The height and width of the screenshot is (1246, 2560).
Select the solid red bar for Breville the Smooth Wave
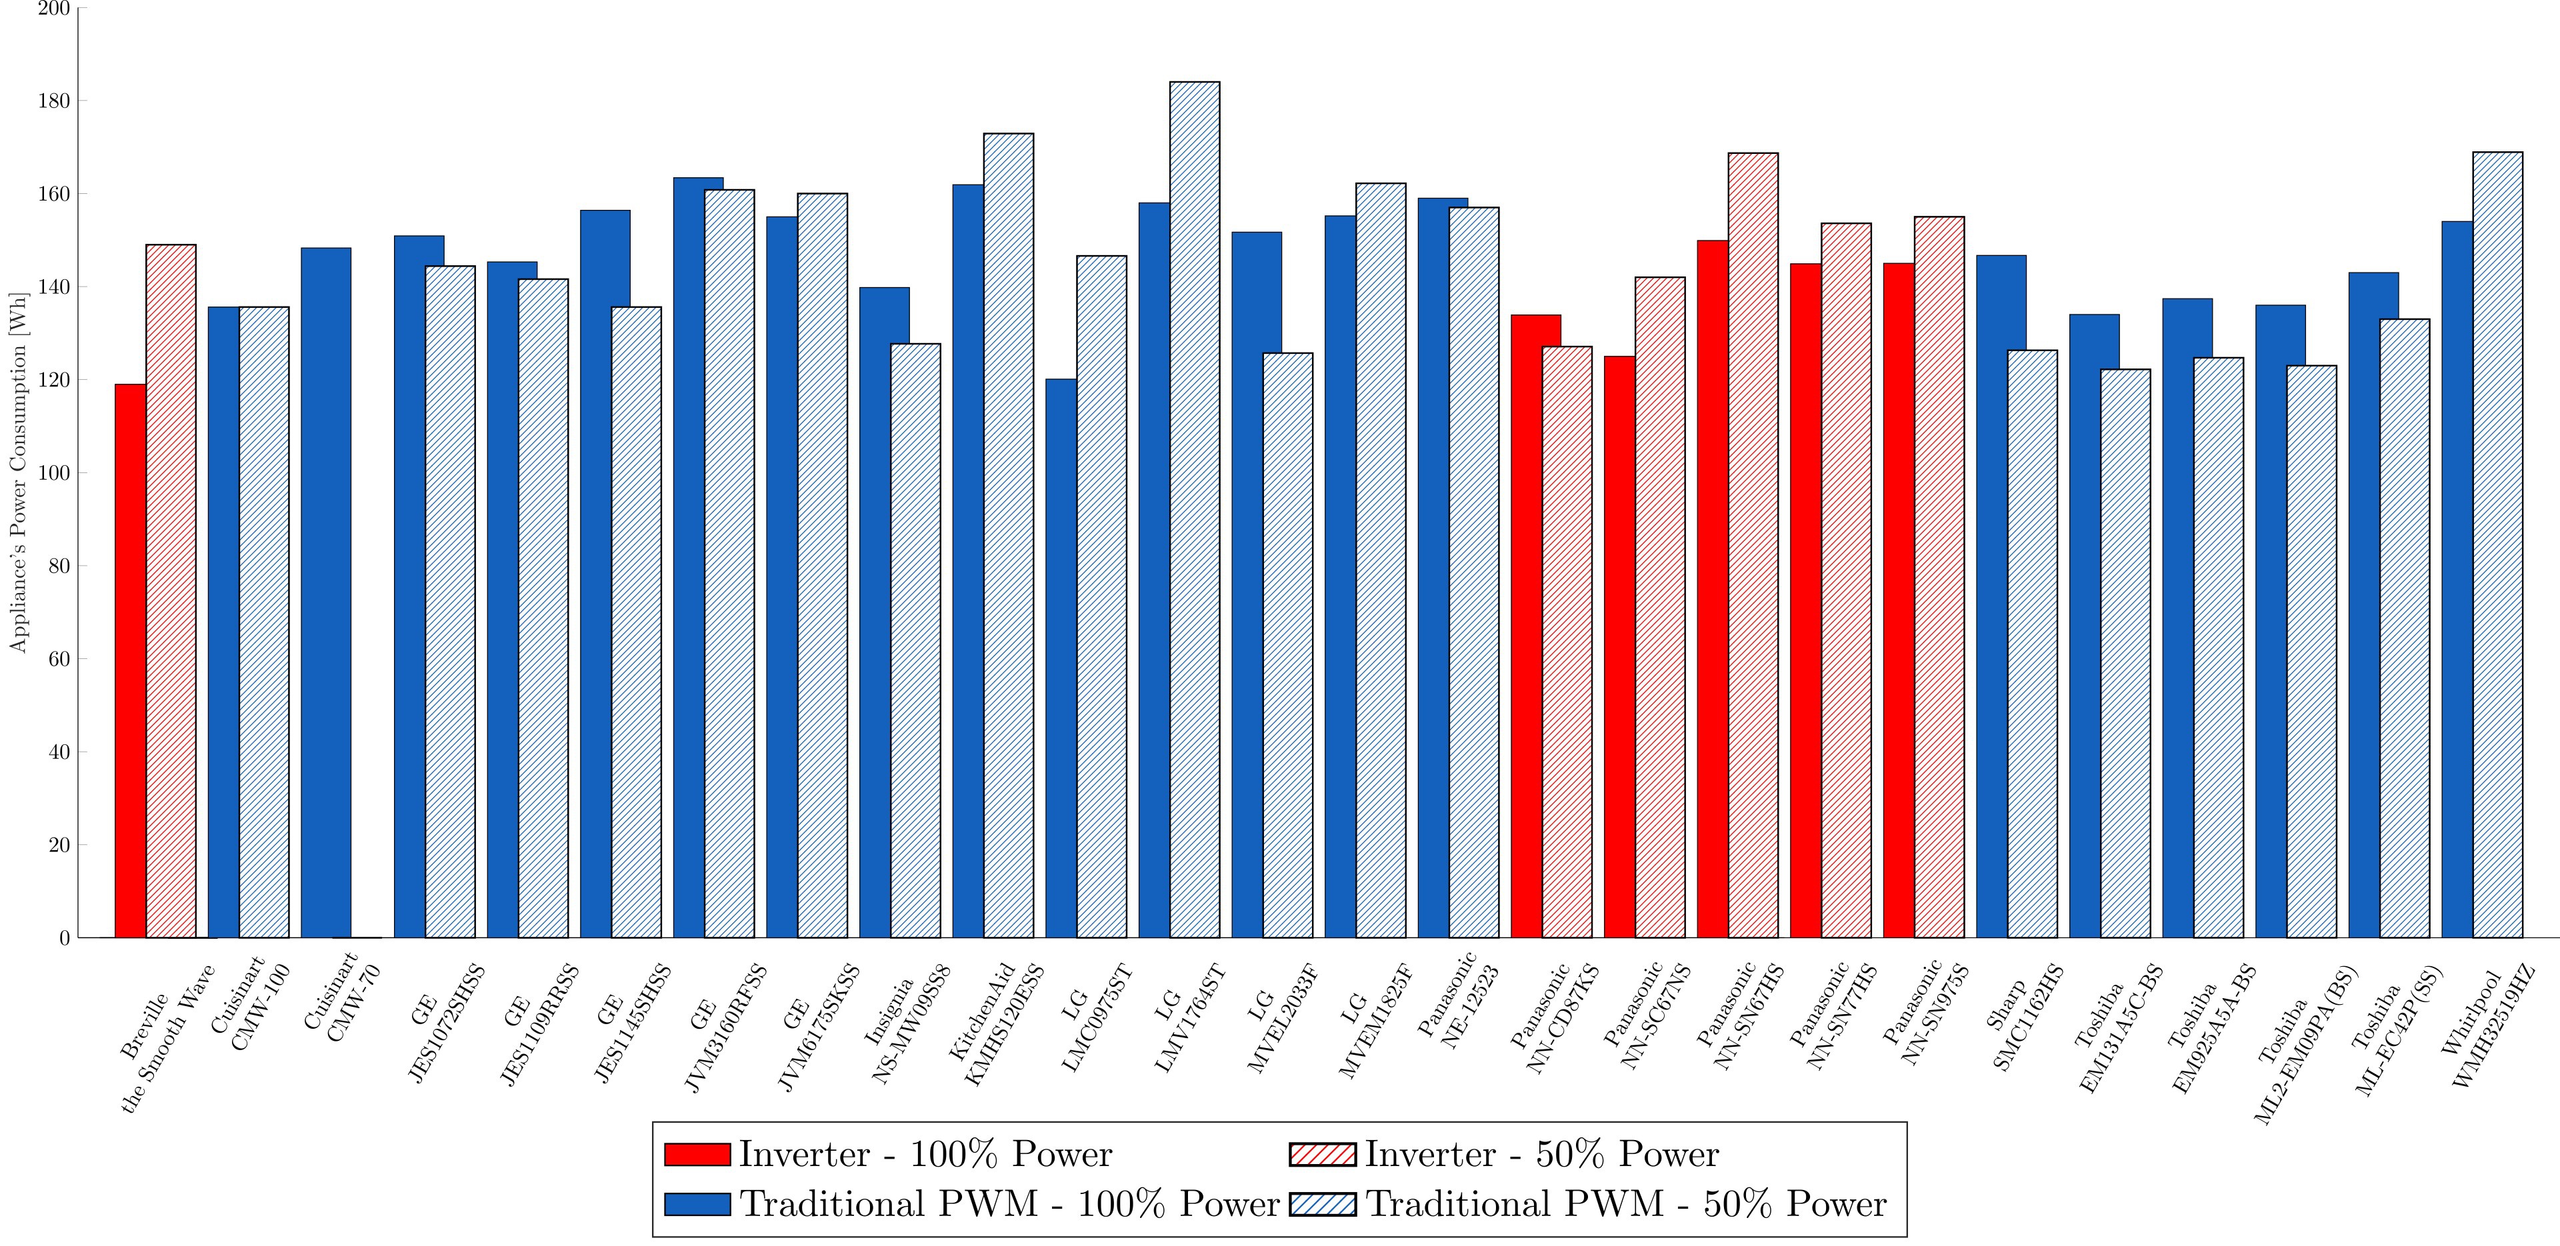130,661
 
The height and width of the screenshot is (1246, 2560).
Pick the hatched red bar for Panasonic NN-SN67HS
1753,546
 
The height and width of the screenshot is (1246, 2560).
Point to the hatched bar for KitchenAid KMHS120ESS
1009,536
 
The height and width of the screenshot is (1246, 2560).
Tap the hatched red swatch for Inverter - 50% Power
1322,1155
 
